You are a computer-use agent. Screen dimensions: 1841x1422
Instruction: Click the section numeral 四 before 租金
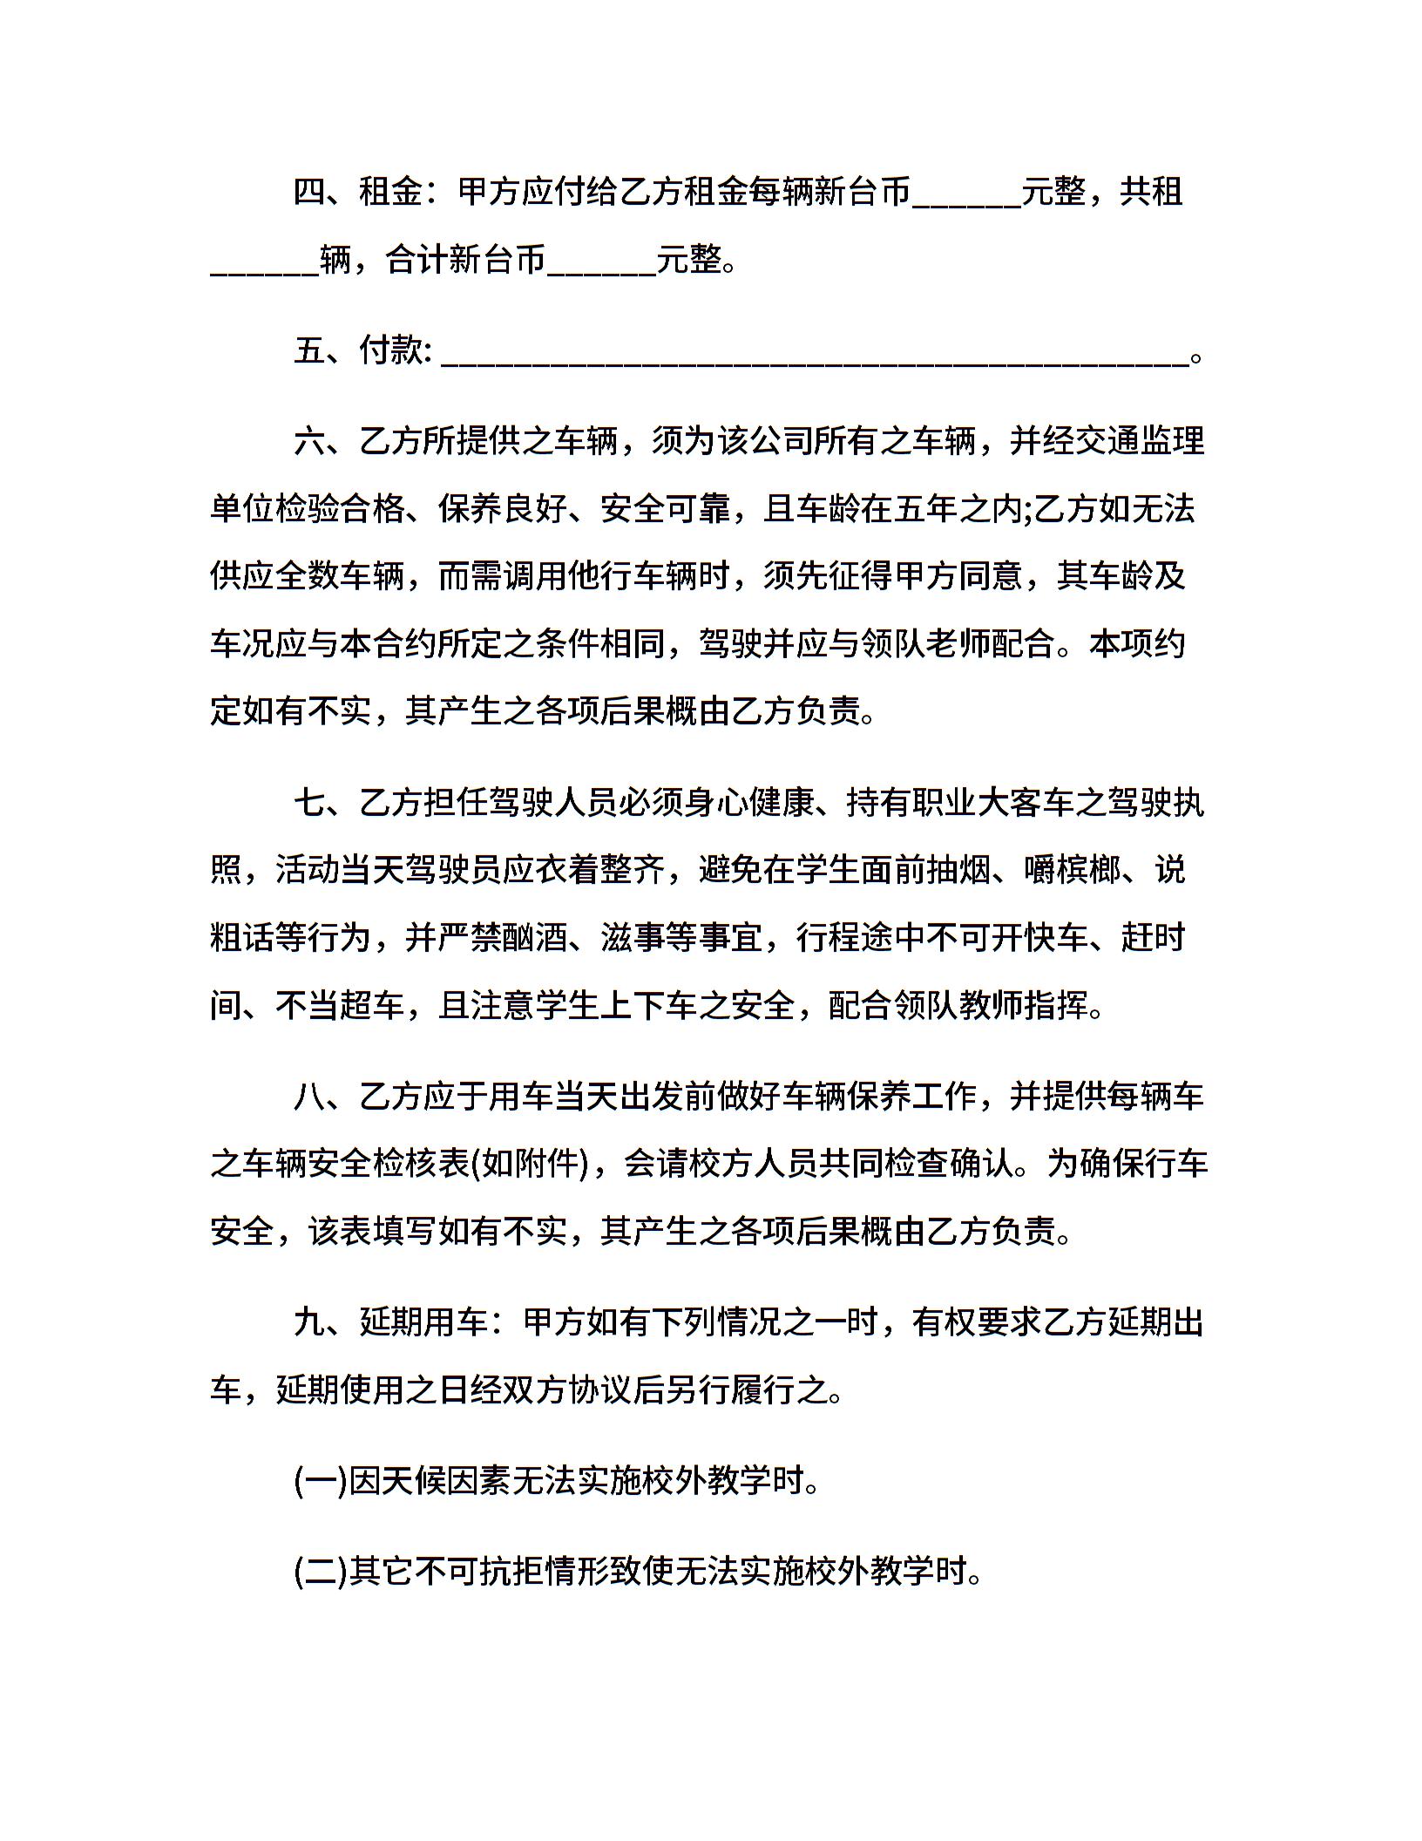[x=310, y=192]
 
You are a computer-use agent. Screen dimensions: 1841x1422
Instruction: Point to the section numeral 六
[x=310, y=441]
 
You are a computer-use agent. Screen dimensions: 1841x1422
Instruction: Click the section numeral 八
[x=310, y=1096]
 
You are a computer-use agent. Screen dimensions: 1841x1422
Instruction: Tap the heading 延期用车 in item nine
[x=423, y=1322]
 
